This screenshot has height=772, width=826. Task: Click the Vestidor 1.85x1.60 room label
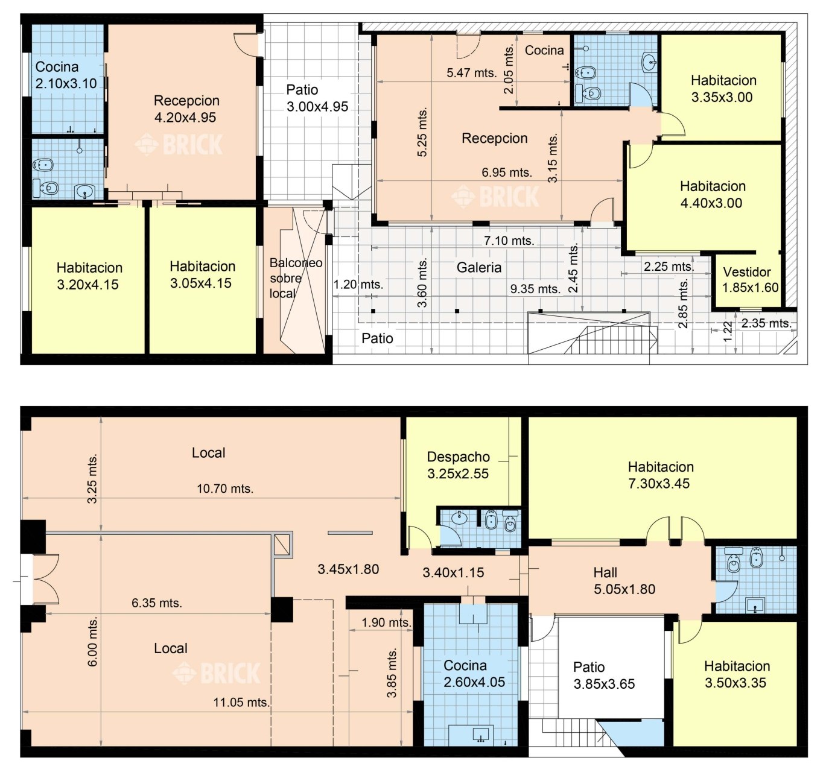click(750, 279)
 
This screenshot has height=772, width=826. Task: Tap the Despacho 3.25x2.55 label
click(458, 465)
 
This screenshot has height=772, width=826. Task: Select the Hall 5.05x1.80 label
click(624, 581)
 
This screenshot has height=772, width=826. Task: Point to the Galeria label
click(478, 267)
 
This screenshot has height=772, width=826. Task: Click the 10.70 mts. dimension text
click(225, 489)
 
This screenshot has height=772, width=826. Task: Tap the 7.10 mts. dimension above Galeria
click(509, 241)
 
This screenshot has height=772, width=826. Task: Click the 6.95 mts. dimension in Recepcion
click(507, 172)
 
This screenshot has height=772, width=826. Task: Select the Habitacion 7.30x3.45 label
click(661, 475)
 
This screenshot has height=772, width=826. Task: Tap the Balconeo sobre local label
click(296, 278)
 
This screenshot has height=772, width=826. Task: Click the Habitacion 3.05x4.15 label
click(202, 274)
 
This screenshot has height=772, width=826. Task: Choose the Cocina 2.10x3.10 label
click(66, 75)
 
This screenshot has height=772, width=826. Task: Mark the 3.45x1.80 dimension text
click(348, 569)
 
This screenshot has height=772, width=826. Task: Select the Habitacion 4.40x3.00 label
click(712, 194)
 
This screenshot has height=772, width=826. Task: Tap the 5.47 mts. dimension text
click(472, 73)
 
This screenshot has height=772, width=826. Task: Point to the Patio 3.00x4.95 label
click(317, 98)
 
